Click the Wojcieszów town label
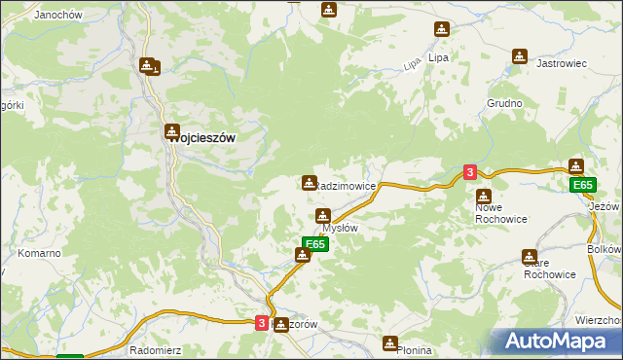coord(202,138)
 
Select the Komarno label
coord(40,253)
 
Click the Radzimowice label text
coord(345,186)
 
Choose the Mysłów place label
coord(340,228)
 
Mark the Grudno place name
coord(505,103)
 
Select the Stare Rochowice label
coord(549,268)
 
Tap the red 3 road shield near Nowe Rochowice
coord(470,172)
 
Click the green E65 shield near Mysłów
coord(314,243)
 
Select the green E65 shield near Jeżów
coord(582,185)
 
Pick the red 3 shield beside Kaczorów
coord(262,323)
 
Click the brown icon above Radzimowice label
coord(309,182)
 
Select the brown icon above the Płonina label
coord(390,342)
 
